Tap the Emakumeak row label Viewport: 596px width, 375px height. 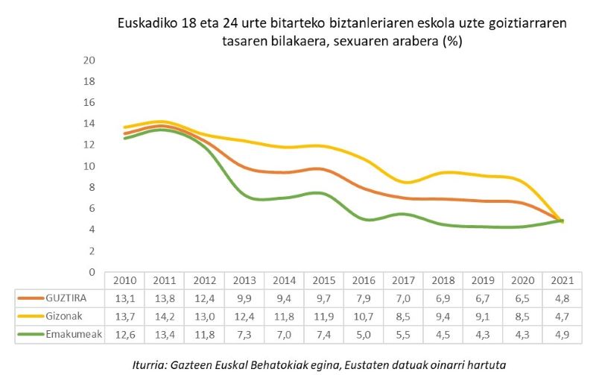pos(74,335)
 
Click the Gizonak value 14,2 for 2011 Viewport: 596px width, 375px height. pos(164,316)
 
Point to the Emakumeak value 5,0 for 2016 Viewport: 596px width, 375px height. pos(363,335)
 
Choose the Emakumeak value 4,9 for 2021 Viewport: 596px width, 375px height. pos(562,335)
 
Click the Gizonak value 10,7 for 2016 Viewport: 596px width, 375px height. pos(363,316)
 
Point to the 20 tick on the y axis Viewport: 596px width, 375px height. pos(90,60)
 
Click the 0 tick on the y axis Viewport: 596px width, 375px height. pos(93,272)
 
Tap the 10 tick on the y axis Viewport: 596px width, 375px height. pos(90,166)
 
